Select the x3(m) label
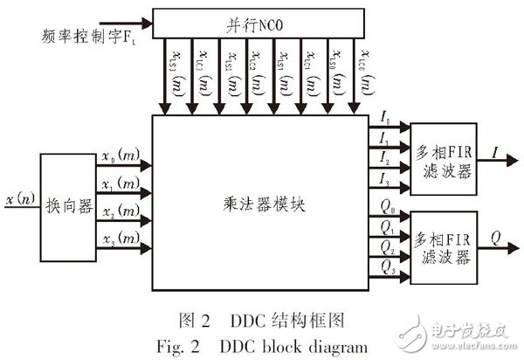(x=118, y=239)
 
